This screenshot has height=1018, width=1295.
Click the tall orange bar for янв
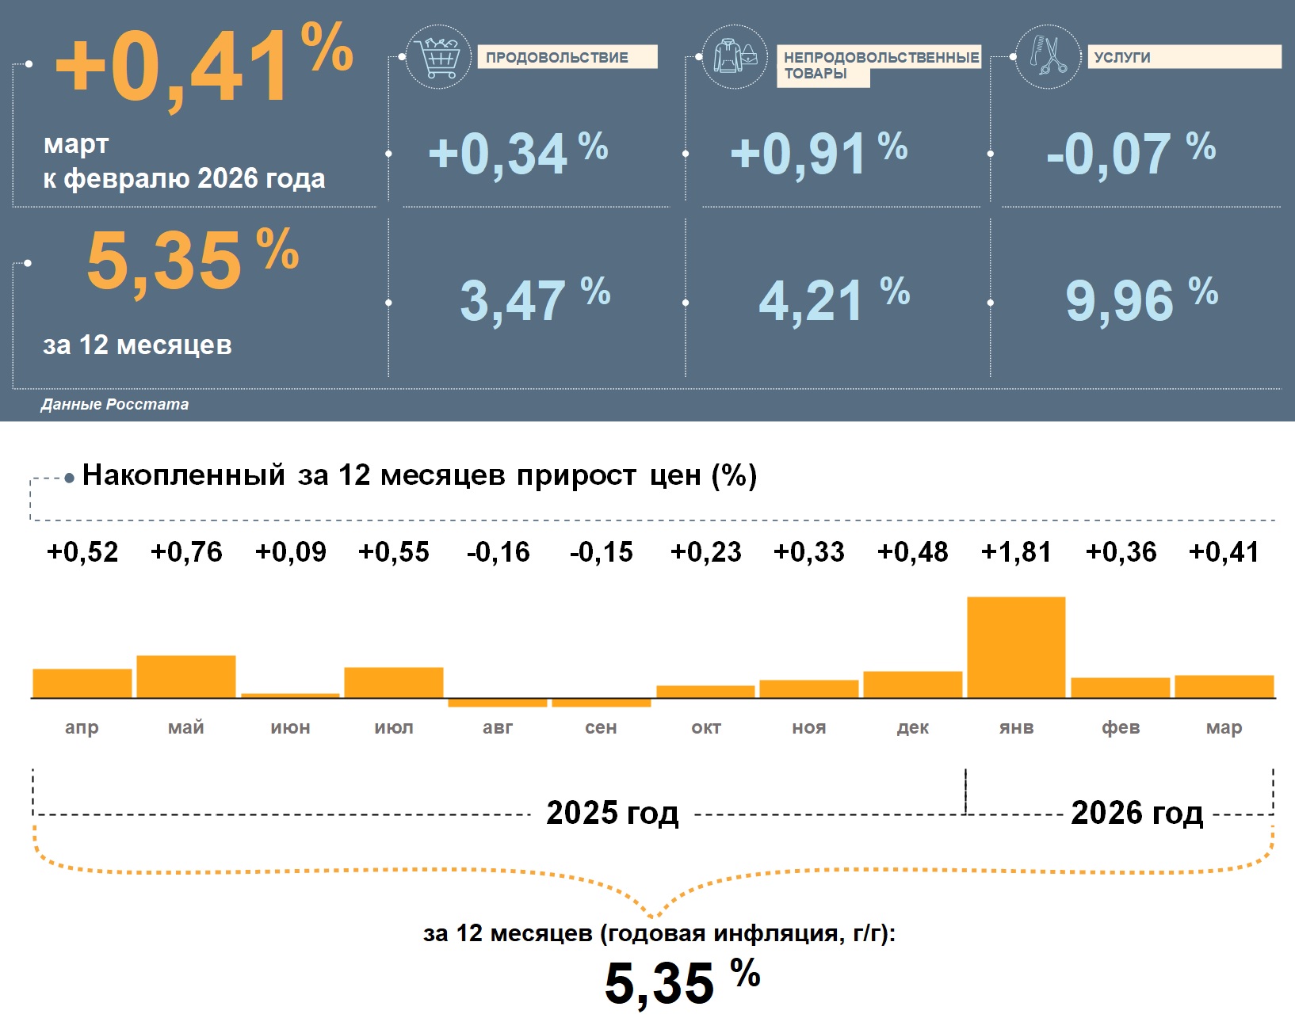(x=1016, y=647)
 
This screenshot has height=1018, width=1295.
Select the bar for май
(x=186, y=677)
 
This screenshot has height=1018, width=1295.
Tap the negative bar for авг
(x=498, y=703)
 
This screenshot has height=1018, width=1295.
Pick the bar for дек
(x=913, y=684)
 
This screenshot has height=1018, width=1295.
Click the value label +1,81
(x=1016, y=551)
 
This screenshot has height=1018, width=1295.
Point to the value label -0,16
(x=498, y=551)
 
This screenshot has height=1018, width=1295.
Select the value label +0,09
(x=290, y=551)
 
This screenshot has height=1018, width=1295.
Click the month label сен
(x=601, y=727)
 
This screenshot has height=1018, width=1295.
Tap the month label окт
(x=706, y=727)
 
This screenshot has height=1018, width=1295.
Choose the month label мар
(x=1224, y=727)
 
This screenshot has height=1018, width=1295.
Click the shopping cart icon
(x=438, y=57)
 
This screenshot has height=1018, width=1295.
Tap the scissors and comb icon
(x=1048, y=56)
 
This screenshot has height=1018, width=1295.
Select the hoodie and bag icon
(x=735, y=56)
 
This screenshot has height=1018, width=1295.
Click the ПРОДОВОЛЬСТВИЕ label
(x=557, y=57)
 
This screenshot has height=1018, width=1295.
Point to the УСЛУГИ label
(x=1122, y=57)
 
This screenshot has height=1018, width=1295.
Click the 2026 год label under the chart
(x=1136, y=813)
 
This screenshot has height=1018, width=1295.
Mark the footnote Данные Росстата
(x=115, y=404)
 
